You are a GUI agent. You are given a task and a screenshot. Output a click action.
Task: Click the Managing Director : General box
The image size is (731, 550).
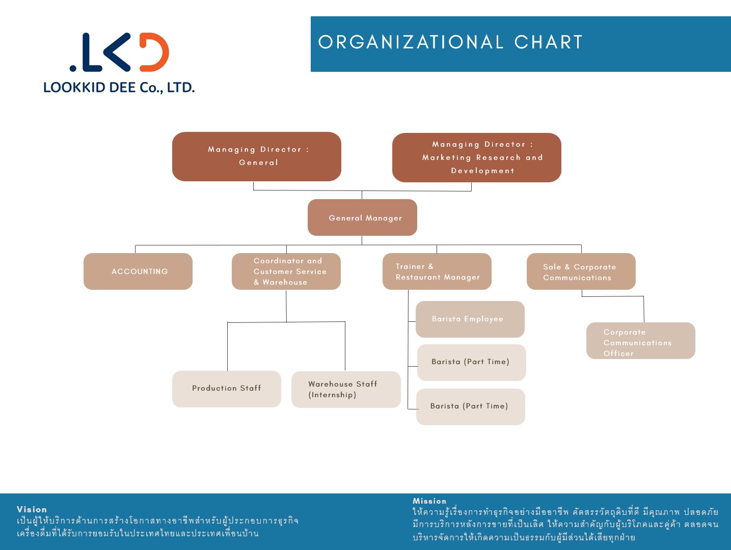pos(257,156)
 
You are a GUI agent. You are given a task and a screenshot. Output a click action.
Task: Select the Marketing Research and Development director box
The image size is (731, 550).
pos(477,157)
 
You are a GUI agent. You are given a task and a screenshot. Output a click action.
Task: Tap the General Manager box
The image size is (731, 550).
pos(362,217)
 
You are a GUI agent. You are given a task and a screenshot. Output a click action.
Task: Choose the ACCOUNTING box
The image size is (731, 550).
pos(138,271)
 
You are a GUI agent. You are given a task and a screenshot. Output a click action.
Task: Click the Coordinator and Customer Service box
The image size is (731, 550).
pos(286,271)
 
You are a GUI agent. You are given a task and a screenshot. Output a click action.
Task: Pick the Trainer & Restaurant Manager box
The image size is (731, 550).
pos(437,271)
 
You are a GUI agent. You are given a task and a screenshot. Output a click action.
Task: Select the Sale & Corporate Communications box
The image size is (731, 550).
pos(581,271)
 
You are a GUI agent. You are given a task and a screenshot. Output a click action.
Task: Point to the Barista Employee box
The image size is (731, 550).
pos(470,319)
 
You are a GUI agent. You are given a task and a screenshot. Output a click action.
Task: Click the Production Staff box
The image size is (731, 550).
pos(227,389)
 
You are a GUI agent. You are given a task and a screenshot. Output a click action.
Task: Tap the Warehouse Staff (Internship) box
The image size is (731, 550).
pos(346,390)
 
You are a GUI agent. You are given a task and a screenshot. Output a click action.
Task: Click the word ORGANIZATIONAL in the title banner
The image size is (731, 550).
pos(411,42)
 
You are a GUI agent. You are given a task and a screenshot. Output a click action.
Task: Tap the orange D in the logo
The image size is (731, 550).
pos(154,52)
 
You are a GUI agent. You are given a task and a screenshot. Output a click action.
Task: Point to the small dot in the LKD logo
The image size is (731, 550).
pos(73,68)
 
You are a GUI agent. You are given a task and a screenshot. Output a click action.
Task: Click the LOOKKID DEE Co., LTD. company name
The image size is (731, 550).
pos(119,88)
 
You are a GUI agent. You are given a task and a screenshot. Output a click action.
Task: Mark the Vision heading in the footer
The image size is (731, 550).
pos(32,509)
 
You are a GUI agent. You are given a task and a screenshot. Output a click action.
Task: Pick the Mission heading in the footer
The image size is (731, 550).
pos(429,501)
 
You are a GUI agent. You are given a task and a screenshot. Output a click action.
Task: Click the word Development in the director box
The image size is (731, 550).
pos(482,171)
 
